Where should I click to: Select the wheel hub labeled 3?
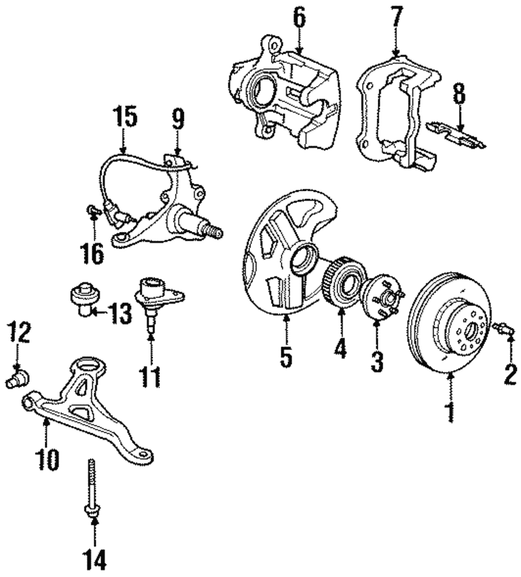382,295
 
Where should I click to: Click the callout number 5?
286,355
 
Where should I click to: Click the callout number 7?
396,16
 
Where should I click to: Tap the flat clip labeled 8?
456,134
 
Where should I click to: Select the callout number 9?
178,119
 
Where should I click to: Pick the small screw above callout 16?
94,211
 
